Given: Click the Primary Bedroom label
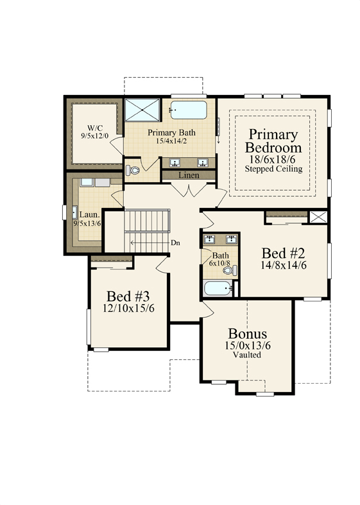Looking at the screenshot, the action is click(x=273, y=141).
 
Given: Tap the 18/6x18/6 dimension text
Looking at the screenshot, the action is click(x=273, y=159).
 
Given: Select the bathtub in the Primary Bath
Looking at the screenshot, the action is click(x=188, y=110).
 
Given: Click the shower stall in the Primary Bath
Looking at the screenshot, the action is click(x=142, y=110).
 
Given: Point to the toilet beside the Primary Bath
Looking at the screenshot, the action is click(x=132, y=170).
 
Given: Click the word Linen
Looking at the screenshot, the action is click(x=189, y=175).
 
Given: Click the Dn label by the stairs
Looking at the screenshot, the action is click(x=175, y=243).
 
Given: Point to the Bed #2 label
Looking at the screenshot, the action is click(x=283, y=253).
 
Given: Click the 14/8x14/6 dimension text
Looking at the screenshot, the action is click(x=283, y=265).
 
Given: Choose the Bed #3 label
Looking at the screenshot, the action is click(x=128, y=296).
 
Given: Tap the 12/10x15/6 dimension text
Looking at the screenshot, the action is click(x=128, y=308).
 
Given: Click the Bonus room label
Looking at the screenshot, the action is click(x=247, y=334).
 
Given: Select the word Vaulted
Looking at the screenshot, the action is click(x=247, y=355).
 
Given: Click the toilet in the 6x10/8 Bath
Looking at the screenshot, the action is click(x=230, y=271).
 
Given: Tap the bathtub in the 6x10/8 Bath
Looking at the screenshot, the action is click(x=218, y=288).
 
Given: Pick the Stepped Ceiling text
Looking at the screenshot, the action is click(x=273, y=169).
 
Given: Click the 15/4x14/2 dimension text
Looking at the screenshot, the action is click(x=171, y=141).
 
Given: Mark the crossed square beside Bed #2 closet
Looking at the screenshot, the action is click(x=318, y=217).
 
